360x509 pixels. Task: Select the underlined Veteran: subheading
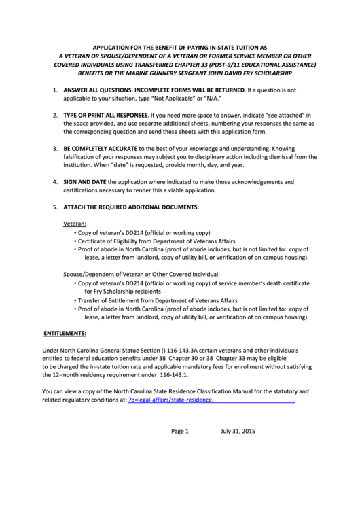(x=75, y=223)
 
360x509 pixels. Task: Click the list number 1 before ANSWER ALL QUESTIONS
(x=55, y=90)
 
